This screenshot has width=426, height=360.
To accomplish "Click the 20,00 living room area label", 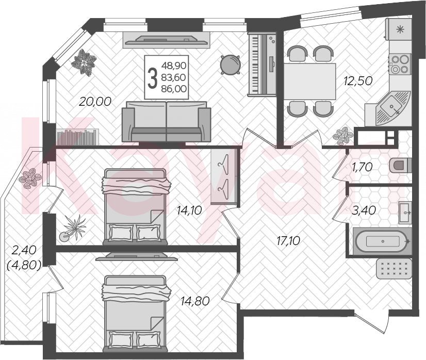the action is click(x=95, y=102).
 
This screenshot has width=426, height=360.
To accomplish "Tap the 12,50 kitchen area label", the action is click(x=357, y=81).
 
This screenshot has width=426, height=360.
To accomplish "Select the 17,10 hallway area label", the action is click(x=288, y=241).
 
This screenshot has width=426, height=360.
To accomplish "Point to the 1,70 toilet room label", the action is click(x=362, y=167).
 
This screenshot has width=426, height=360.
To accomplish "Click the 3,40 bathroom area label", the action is click(x=364, y=210).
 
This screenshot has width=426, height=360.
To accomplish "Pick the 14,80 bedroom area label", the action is click(x=195, y=301).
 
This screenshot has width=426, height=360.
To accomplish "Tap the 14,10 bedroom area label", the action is click(x=189, y=210).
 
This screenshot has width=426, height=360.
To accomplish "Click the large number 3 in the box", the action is click(x=153, y=78).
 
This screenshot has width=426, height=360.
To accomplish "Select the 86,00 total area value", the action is click(x=174, y=89).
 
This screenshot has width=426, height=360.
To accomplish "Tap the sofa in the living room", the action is click(x=166, y=121).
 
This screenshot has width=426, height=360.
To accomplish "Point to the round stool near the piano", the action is click(x=230, y=64).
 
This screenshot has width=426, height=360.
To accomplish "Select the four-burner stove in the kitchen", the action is click(x=400, y=64).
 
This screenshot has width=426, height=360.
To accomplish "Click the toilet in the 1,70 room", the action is click(x=400, y=166).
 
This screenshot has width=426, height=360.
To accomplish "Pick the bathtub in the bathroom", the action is click(x=383, y=241).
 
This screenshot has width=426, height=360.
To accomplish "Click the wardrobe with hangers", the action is click(x=224, y=177).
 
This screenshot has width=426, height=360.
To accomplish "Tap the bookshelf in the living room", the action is click(x=78, y=137).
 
